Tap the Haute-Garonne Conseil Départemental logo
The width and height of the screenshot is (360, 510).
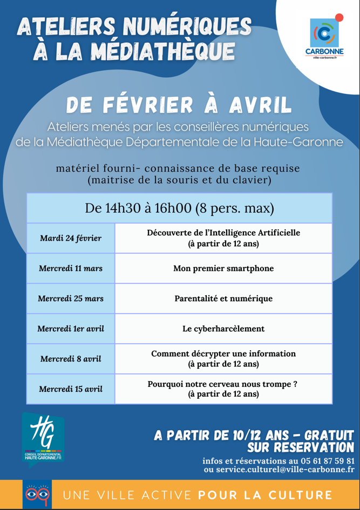point(43,437)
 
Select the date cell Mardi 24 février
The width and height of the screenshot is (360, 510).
point(71,238)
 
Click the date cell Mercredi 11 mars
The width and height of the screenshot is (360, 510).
point(71,268)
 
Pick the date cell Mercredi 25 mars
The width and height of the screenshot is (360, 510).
point(71,298)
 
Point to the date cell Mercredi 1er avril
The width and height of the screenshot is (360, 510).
point(71,329)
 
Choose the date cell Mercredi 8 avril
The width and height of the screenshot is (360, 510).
point(71,359)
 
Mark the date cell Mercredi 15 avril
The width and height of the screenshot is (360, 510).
point(71,389)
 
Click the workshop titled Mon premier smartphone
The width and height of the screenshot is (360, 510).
point(223,268)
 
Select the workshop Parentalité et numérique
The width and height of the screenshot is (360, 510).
point(223,298)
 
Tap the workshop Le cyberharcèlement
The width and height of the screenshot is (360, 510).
point(223,329)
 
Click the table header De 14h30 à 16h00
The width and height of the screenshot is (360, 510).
point(179,208)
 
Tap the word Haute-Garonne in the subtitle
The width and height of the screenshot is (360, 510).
point(295,142)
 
